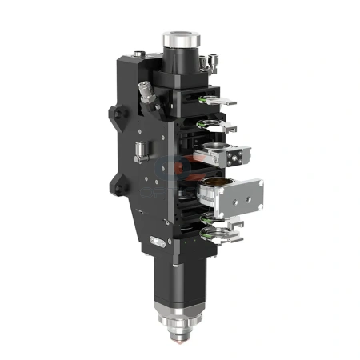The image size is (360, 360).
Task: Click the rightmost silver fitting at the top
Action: pyautogui.click(x=211, y=61)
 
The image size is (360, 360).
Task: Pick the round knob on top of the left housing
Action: pyautogui.click(x=140, y=54)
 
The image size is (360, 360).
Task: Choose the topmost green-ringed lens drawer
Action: pyautogui.click(x=215, y=99)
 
